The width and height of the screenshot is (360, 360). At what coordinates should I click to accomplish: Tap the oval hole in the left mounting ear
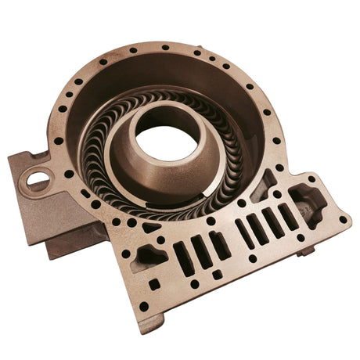click(x=37, y=181)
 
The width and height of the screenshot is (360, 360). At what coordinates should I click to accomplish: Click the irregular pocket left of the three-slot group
click(x=151, y=255)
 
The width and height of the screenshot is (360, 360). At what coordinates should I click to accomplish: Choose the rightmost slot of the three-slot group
click(x=219, y=244)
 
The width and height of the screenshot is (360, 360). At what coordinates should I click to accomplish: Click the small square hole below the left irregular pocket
click(x=154, y=283)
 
